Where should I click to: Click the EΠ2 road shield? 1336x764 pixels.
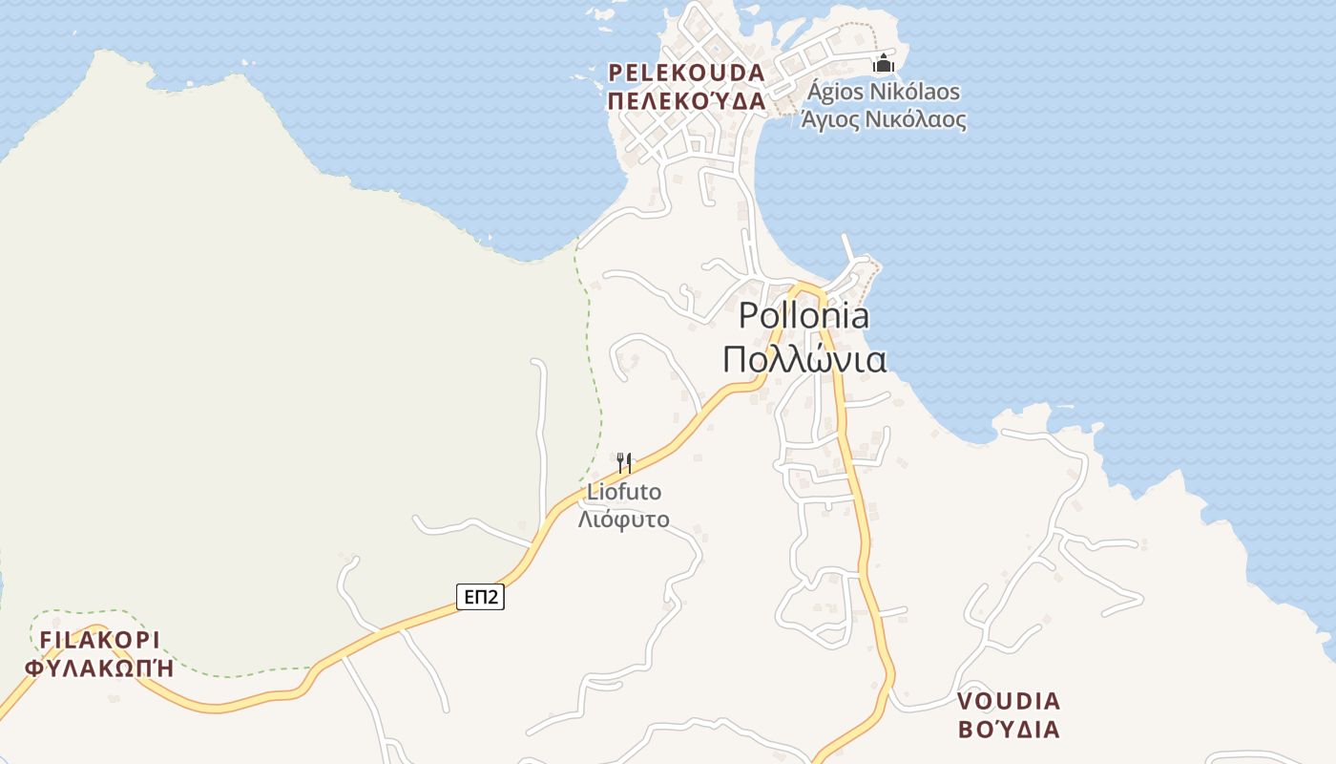[x=480, y=597]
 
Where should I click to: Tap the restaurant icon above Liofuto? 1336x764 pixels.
[x=624, y=463]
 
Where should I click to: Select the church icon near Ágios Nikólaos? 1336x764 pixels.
[x=884, y=64]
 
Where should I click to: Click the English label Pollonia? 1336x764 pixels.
[x=804, y=316]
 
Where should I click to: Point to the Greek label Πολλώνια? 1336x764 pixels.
[x=804, y=360]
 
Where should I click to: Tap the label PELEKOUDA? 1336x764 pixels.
[x=687, y=73]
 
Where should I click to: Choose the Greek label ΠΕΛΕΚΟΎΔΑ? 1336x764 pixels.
[x=687, y=101]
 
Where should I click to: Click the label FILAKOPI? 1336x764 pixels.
[x=99, y=639]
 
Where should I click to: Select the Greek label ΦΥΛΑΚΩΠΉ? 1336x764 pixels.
[x=99, y=668]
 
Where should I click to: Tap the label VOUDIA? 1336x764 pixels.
[x=1009, y=701]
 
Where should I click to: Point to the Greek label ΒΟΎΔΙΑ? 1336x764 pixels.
[x=1009, y=730]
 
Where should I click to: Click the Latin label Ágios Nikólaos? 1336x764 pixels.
[x=884, y=93]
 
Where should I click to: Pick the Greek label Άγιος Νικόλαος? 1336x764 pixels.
[x=884, y=120]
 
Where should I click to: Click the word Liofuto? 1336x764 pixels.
[x=624, y=493]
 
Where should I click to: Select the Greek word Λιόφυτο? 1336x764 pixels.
[x=624, y=520]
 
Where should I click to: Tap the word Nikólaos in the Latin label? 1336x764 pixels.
[x=917, y=93]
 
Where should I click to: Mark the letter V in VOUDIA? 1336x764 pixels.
[x=965, y=701]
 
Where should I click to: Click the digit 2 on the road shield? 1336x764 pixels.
[x=492, y=597]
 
